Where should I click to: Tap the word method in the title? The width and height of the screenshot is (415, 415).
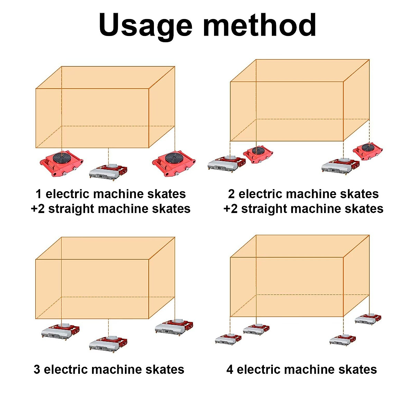259,25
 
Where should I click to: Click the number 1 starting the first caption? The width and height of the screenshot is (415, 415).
39,194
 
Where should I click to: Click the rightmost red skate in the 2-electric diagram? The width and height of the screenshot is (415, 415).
368,151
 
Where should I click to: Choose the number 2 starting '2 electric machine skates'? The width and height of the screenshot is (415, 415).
231,194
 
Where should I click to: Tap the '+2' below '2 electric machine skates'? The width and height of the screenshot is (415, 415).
231,209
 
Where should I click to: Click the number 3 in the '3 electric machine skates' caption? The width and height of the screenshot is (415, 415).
37,370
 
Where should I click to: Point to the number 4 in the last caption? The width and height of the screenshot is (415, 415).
230,370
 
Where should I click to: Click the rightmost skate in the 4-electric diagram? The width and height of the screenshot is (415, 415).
368,319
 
